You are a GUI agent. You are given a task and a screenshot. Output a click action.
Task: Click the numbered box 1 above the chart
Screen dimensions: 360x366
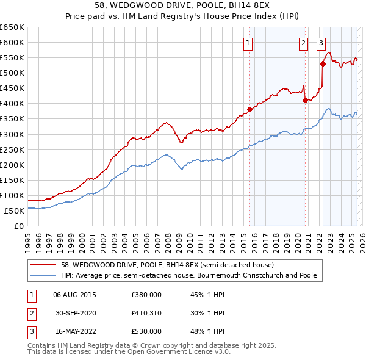(x=249, y=43)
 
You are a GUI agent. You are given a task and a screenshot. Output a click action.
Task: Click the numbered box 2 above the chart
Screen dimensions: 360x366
(x=303, y=43)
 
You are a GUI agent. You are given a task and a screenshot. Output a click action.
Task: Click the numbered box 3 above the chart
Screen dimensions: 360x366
(x=321, y=43)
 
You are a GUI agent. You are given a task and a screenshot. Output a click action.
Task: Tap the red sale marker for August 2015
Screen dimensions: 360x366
(x=249, y=110)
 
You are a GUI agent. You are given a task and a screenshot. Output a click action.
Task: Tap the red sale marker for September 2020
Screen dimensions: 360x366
(x=305, y=101)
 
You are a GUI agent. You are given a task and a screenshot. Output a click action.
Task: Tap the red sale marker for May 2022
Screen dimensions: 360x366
(x=323, y=63)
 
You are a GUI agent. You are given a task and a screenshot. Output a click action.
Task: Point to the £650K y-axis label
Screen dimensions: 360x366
(x=12, y=27)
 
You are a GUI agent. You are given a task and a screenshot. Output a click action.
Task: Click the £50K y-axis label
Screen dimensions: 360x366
(x=15, y=211)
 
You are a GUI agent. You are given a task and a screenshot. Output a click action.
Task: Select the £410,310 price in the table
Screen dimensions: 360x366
(x=146, y=313)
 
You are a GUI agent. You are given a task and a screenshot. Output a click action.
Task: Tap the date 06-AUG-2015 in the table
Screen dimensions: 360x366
(x=74, y=295)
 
